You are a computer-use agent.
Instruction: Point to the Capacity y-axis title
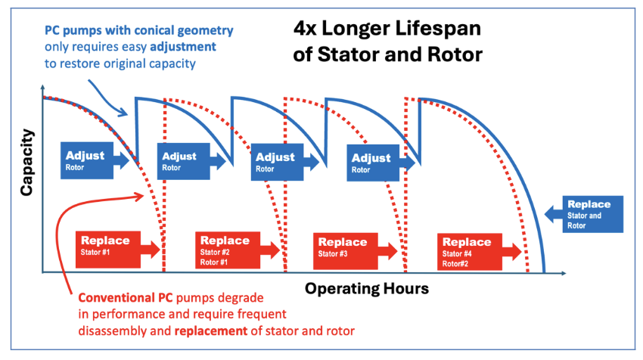(x=26, y=163)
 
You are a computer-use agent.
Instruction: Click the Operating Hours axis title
(x=367, y=289)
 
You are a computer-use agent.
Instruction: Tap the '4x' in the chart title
(x=305, y=29)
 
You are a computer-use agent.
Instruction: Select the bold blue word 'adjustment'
(x=183, y=47)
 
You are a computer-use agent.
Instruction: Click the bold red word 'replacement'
(x=211, y=331)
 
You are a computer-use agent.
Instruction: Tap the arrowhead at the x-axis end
(x=564, y=273)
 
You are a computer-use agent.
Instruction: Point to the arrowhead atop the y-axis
(x=42, y=87)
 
